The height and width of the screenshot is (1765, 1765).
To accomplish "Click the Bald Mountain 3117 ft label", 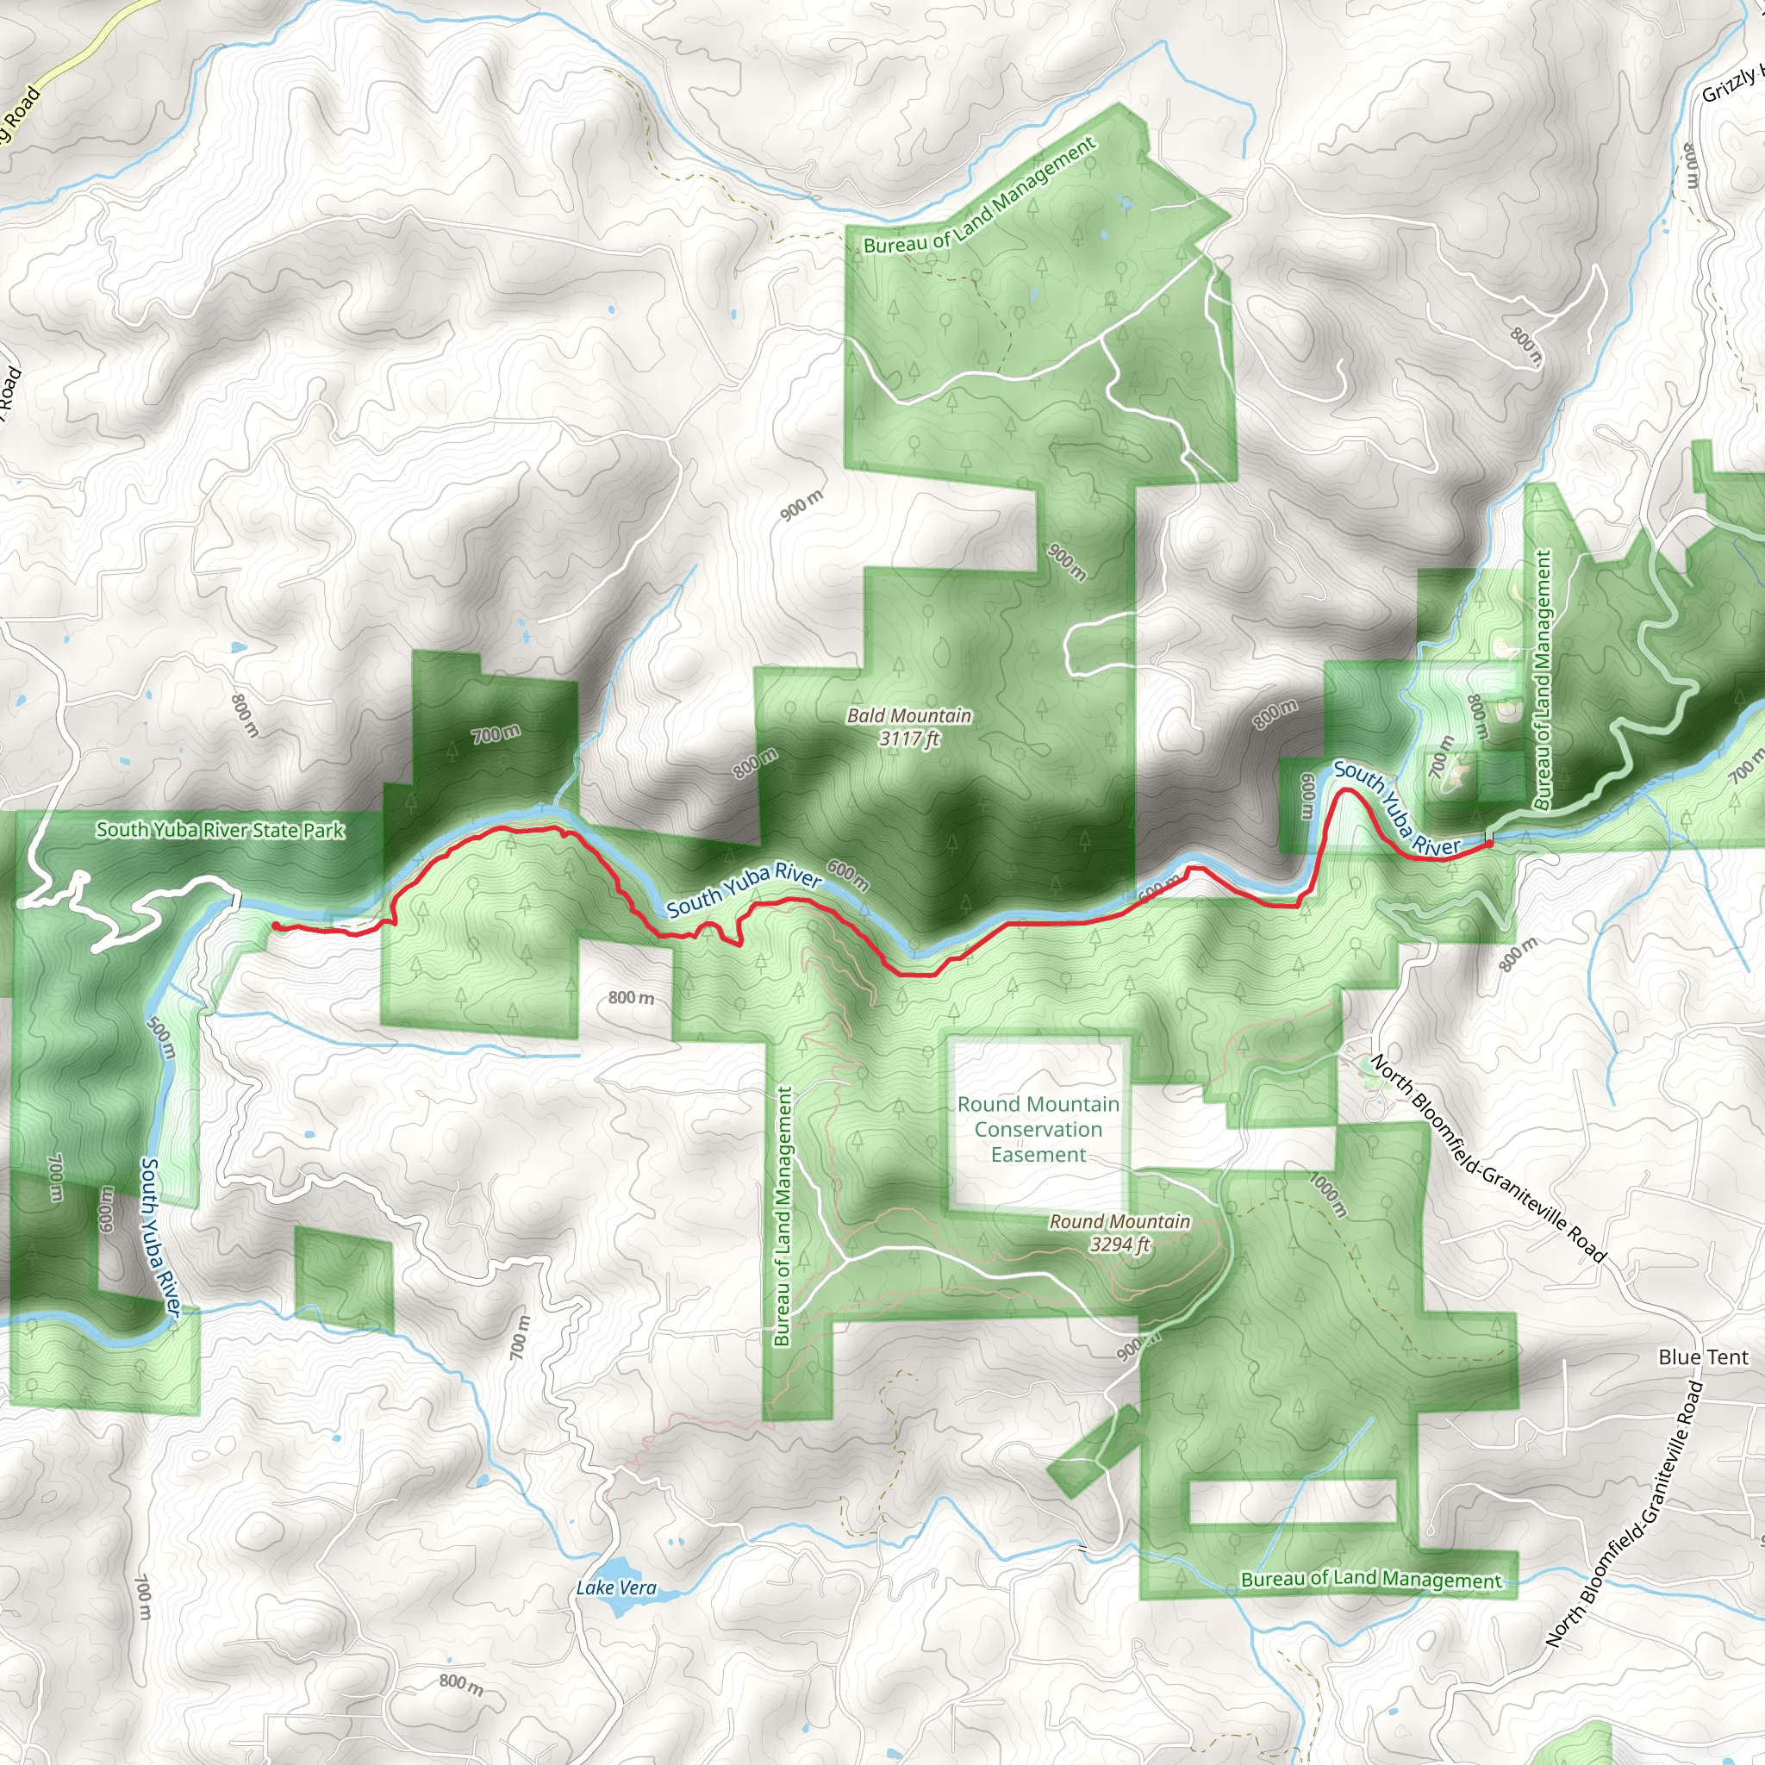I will tap(909, 727).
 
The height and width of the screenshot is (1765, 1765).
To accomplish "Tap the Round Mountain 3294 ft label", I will tap(1119, 1232).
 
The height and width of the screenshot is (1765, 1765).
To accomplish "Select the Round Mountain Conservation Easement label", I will tap(1038, 1129).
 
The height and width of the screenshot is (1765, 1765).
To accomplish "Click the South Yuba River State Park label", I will tap(220, 830).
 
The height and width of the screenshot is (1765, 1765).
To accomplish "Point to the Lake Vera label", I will tap(615, 1587).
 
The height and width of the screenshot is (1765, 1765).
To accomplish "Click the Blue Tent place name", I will tap(1703, 1356).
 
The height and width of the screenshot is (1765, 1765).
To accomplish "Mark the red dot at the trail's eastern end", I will tap(1489, 844).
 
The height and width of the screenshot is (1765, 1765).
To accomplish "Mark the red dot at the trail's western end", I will tap(275, 926).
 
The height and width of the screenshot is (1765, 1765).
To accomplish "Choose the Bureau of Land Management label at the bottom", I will tap(1370, 1580).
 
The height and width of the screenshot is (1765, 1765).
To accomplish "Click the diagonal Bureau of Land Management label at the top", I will tap(979, 196).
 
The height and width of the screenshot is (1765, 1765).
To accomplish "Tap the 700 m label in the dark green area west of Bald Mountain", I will tap(496, 733).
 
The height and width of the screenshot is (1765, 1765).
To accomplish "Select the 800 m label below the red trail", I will tap(630, 998).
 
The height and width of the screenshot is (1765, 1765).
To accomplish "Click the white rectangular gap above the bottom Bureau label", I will tap(1293, 1502).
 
